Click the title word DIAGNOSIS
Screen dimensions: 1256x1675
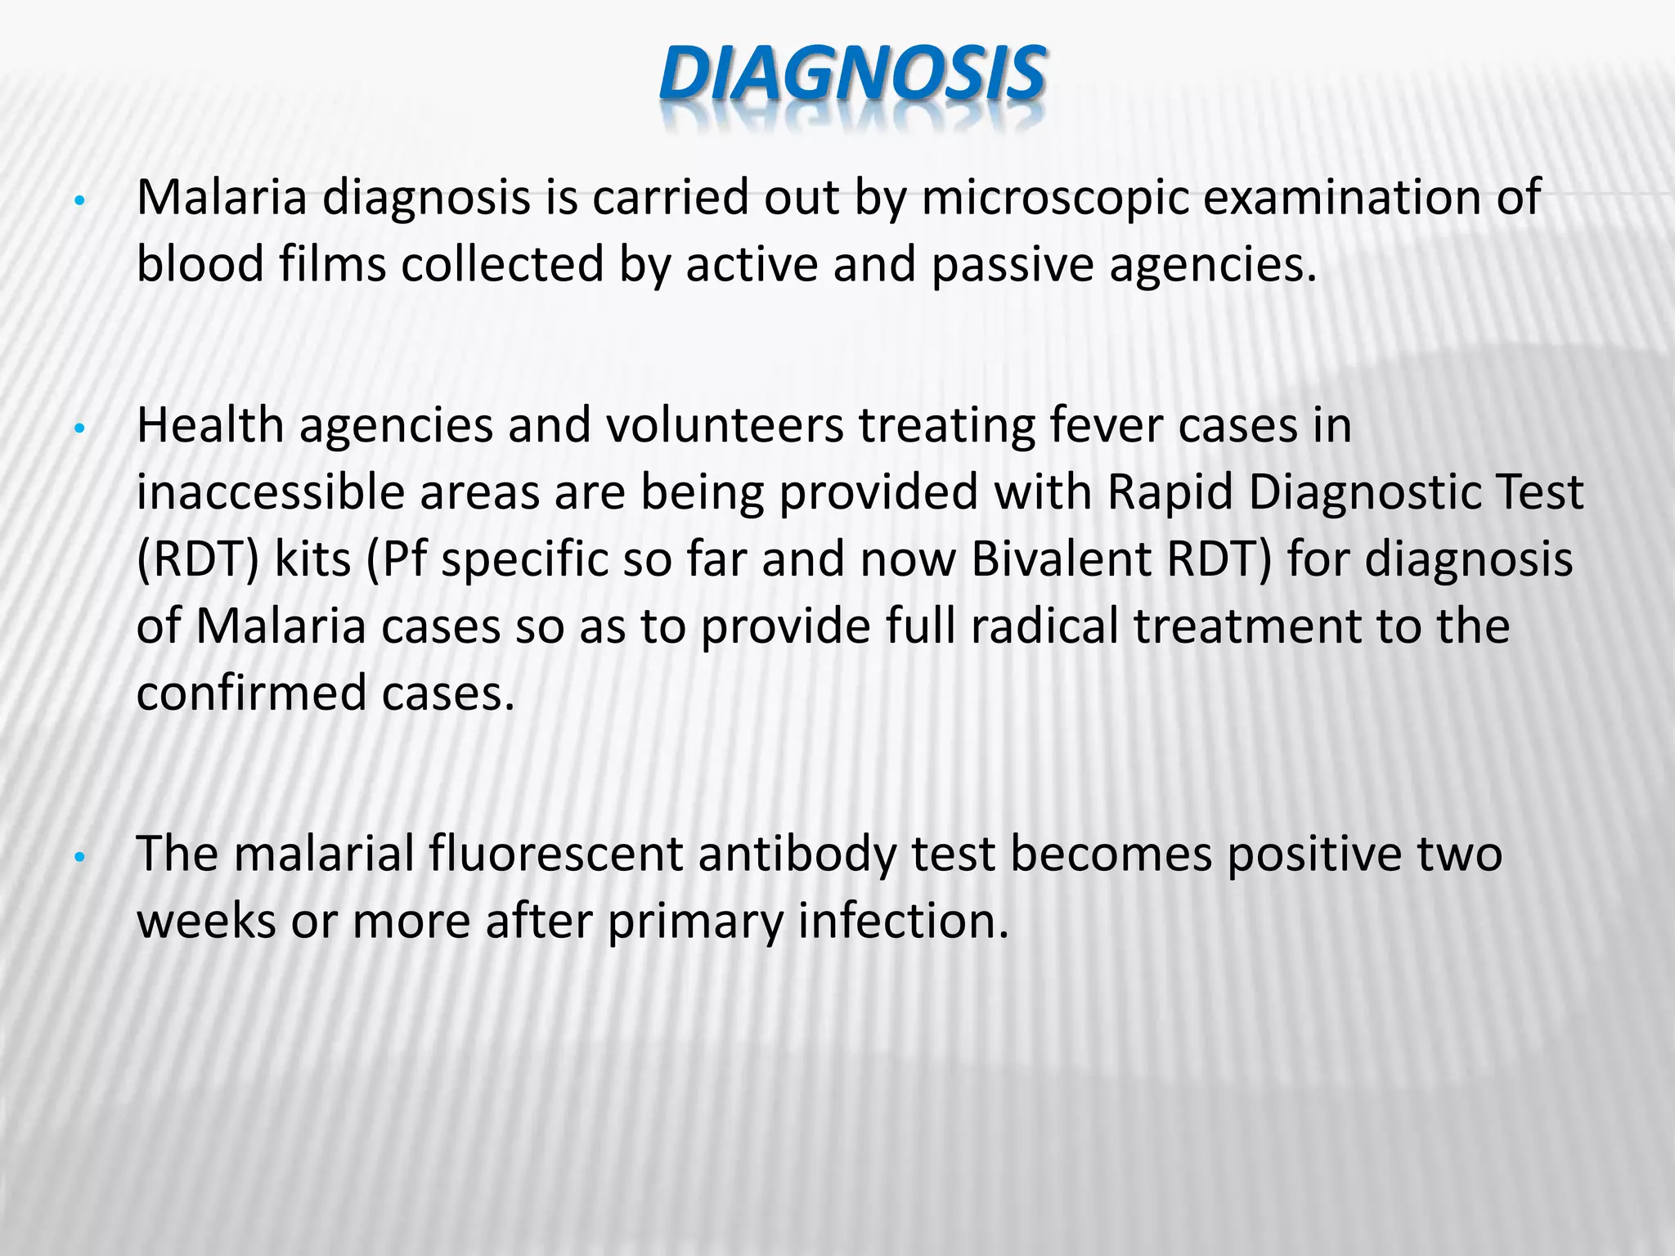tap(851, 75)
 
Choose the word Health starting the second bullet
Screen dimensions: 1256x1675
tap(210, 426)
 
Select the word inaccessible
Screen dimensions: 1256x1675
tap(271, 493)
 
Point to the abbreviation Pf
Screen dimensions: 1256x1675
tap(398, 560)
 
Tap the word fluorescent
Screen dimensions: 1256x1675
tap(556, 855)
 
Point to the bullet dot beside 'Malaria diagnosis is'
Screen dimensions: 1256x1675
tap(79, 202)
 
